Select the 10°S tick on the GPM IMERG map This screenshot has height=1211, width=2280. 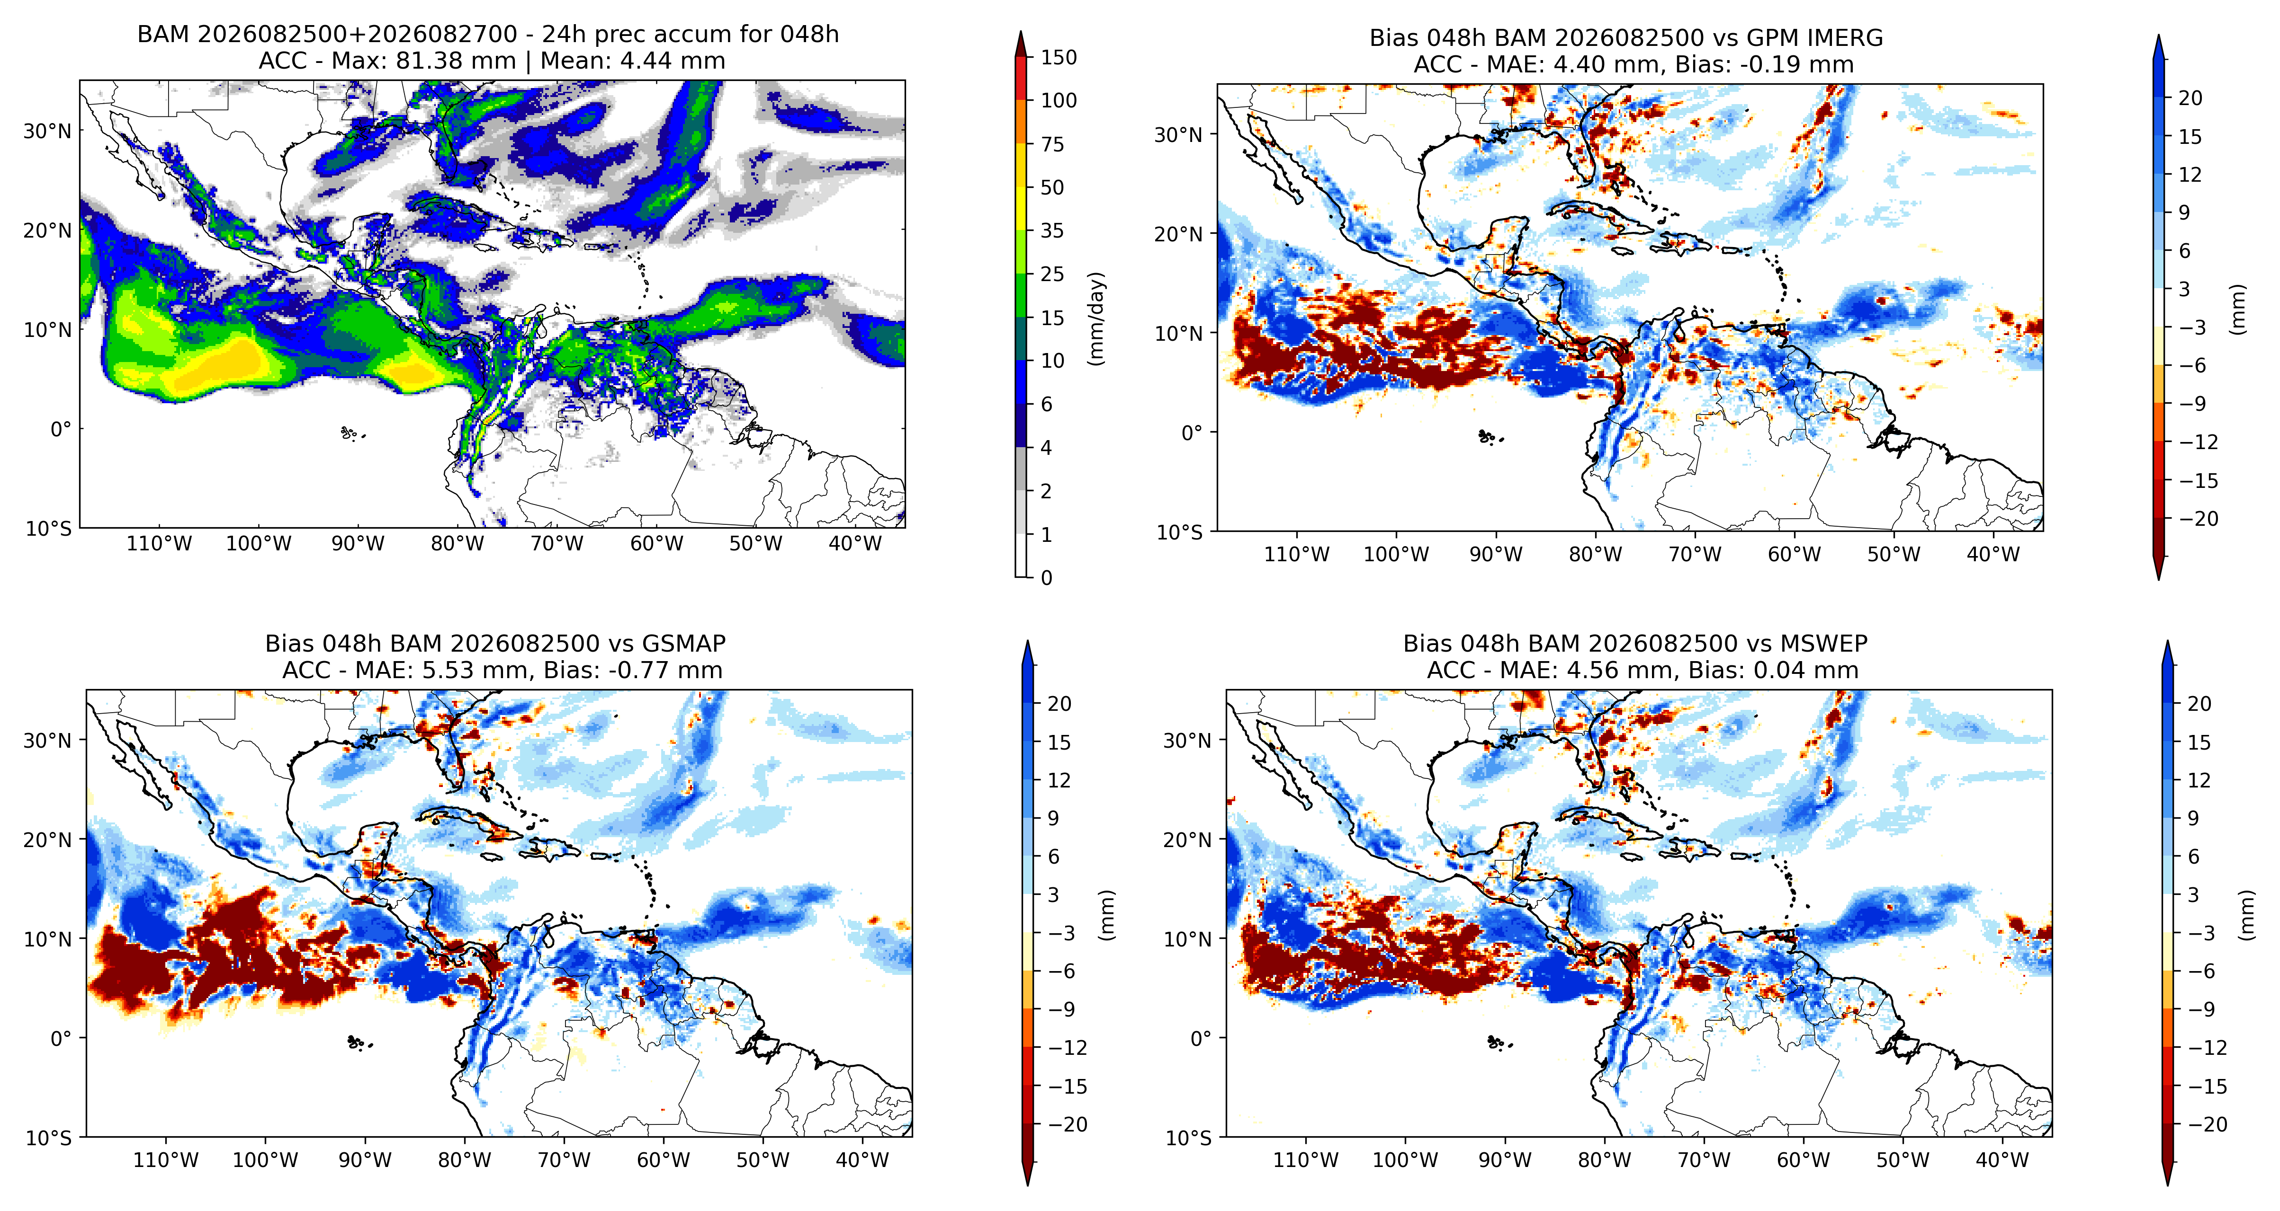pos(1180,531)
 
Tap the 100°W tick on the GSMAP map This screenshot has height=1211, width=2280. pos(266,1160)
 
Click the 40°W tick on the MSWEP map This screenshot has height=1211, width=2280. pos(2002,1160)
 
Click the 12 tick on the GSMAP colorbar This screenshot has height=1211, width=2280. pos(1059,780)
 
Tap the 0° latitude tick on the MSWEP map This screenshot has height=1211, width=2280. pos(1200,1038)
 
